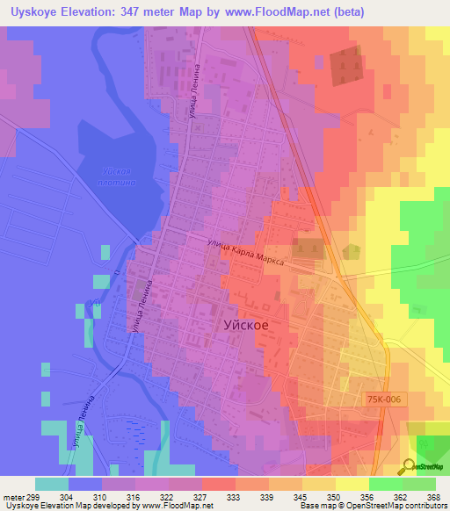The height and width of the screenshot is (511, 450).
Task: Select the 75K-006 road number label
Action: [x=384, y=399]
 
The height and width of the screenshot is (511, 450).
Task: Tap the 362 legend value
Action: [x=403, y=495]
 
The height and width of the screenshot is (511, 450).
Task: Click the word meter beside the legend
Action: [x=11, y=495]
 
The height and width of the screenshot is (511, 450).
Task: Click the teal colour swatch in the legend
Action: [x=52, y=483]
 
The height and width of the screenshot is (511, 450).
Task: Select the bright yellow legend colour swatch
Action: [x=352, y=483]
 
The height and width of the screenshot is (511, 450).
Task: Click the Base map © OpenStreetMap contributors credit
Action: [x=372, y=506]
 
